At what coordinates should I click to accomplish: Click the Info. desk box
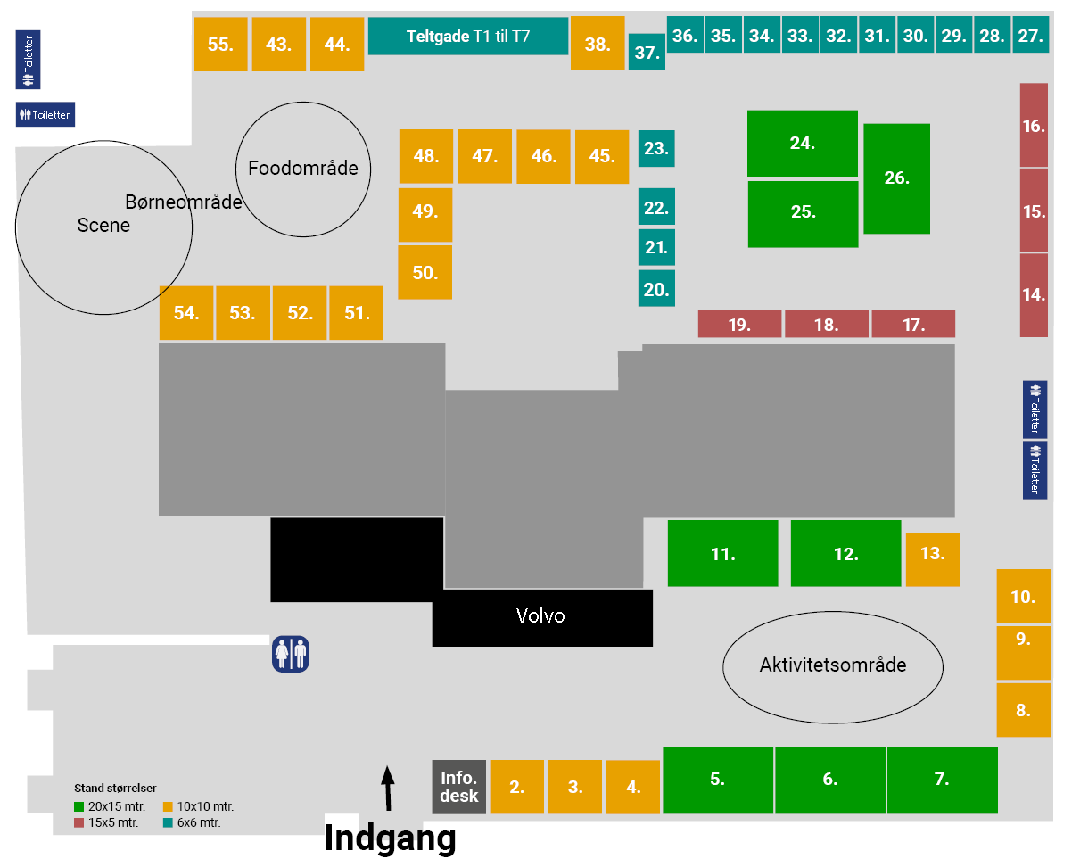pos(458,787)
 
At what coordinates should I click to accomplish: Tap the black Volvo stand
pos(541,616)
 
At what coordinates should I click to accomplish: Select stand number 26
pos(896,178)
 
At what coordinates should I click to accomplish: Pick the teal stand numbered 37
pos(647,53)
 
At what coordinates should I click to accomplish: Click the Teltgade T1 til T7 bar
pos(467,37)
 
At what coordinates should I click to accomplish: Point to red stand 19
pos(739,324)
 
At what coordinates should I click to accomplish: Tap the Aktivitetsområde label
pos(832,665)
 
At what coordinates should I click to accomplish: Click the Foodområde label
pos(303,168)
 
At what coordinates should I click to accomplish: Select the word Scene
pos(103,226)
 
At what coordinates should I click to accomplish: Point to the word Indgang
pos(390,838)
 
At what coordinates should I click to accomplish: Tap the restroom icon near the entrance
pos(290,653)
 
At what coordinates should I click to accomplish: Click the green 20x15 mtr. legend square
pos(79,807)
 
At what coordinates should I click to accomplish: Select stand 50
pos(425,273)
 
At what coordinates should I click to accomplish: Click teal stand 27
pos(1030,36)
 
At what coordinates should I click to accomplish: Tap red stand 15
pos(1034,211)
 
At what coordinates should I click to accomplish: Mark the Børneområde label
pos(184,202)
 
